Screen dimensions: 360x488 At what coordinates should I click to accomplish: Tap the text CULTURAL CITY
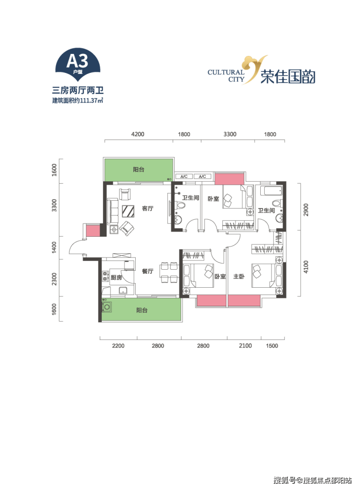[226, 76]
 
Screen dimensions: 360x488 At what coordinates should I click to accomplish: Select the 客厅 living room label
[147, 209]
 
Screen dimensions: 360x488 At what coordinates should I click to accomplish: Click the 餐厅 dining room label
[147, 271]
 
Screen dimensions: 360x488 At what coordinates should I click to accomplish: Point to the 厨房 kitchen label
[116, 278]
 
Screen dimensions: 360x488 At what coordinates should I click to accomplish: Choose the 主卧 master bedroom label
[239, 277]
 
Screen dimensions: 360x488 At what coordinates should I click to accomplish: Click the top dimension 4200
[138, 134]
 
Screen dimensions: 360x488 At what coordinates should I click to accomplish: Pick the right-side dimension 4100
[306, 267]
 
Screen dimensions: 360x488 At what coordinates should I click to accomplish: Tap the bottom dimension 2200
[118, 346]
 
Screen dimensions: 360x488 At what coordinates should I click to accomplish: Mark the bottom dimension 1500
[272, 346]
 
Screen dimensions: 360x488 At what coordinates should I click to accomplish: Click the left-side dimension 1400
[54, 247]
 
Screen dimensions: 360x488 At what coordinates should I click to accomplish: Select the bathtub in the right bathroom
[271, 190]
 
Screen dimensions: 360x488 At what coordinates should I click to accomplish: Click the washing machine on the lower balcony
[107, 307]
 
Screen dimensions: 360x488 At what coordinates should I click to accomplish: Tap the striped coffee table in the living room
[128, 211]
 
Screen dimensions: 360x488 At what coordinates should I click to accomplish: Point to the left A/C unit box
[184, 176]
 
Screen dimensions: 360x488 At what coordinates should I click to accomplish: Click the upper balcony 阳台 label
[139, 170]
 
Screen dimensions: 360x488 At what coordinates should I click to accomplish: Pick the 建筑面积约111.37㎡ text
[77, 101]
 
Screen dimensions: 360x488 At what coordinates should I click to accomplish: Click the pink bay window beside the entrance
[92, 231]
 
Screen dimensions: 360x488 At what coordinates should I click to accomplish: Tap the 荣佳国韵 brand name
[288, 76]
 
